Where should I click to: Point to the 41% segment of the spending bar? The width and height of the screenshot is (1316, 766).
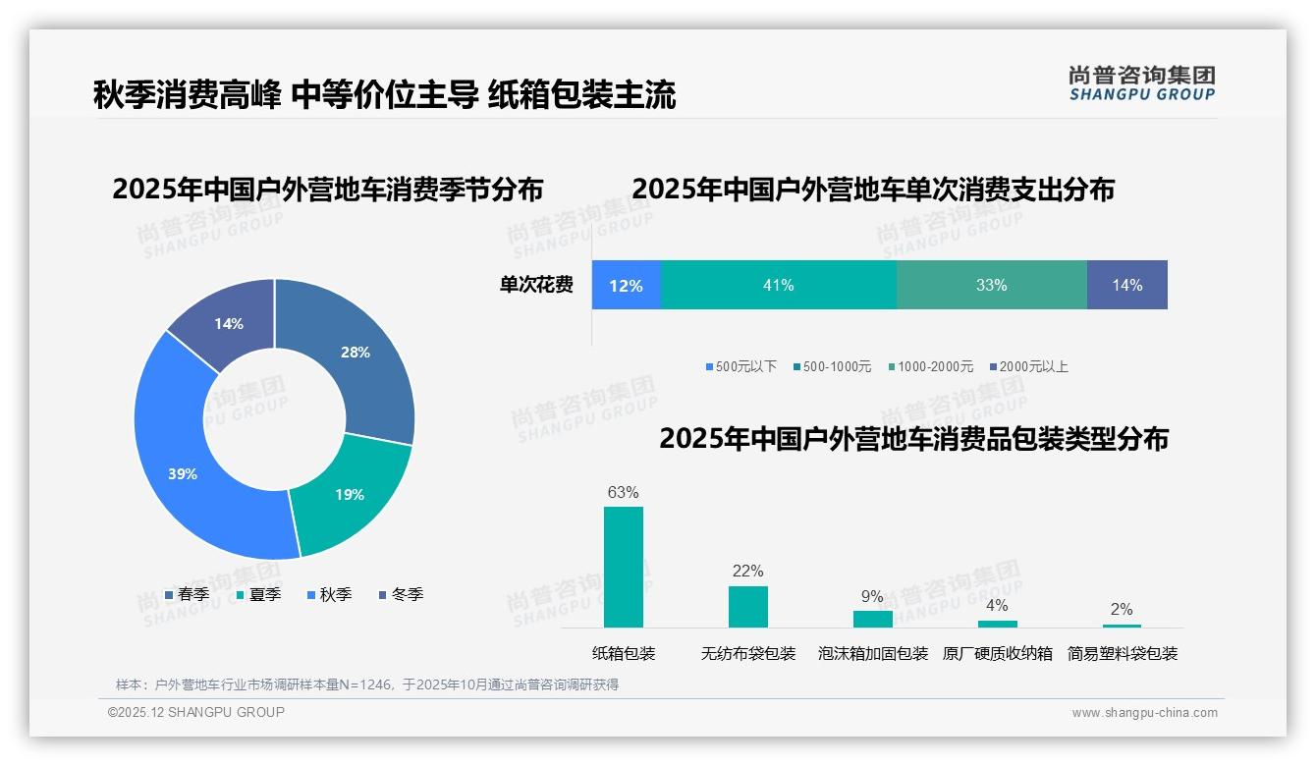778,286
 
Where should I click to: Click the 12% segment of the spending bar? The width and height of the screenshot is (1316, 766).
626,286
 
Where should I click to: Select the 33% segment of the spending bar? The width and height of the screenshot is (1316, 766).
991,286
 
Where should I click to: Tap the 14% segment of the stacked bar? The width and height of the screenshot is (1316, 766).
1126,286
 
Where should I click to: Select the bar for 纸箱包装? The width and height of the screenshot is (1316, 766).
624,567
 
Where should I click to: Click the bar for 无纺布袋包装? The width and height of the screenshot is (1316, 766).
748,607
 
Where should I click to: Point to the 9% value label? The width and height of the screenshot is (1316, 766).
872,597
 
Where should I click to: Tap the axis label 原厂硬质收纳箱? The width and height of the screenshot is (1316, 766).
997,654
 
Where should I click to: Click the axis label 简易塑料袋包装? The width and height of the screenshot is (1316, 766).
1122,654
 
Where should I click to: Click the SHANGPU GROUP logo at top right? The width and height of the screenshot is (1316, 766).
1141,83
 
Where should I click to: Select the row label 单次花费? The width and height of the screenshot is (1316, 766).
536,286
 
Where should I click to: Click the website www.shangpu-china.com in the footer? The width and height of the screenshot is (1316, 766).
1144,713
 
